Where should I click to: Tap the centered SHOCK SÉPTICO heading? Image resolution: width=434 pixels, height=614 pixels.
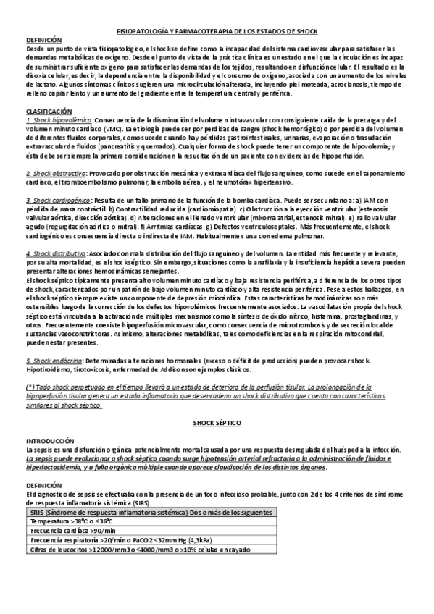(x=217, y=421)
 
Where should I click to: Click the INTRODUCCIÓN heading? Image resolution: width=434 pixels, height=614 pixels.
(x=50, y=440)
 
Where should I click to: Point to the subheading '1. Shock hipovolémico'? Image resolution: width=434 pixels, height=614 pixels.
(x=59, y=119)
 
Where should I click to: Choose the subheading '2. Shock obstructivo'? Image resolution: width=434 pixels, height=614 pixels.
(x=57, y=174)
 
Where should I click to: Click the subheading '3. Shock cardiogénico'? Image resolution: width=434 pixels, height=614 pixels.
(x=59, y=199)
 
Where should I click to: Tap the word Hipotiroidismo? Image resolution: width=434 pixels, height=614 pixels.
(x=48, y=369)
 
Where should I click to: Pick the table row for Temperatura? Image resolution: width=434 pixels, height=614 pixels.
(x=72, y=521)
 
